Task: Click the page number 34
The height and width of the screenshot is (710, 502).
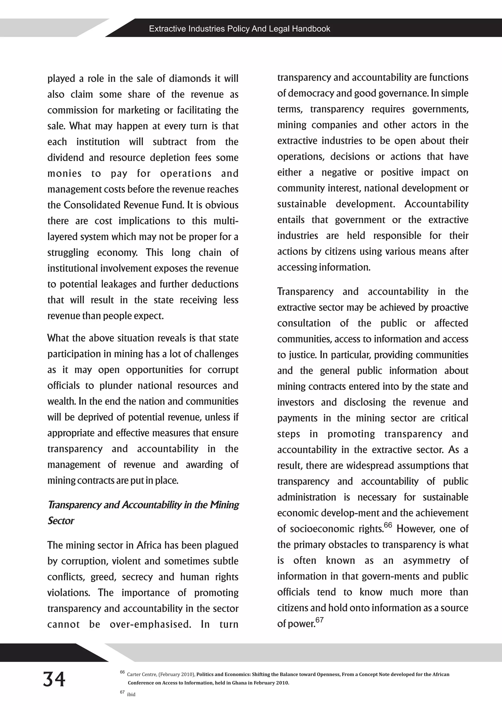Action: (x=54, y=679)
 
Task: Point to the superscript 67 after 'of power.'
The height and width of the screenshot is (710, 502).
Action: (x=319, y=620)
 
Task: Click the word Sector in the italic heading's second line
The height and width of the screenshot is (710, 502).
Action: (x=61, y=521)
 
